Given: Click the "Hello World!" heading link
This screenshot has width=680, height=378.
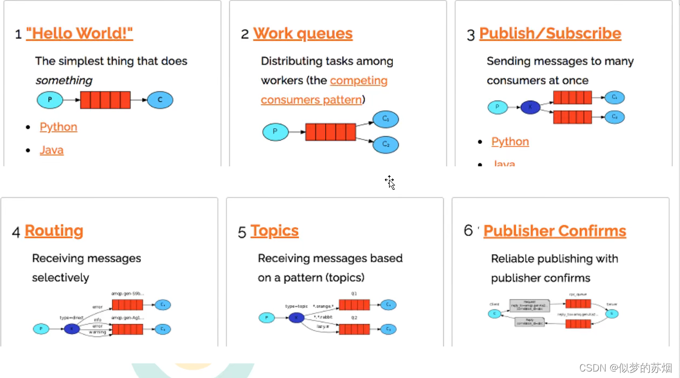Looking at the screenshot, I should [79, 34].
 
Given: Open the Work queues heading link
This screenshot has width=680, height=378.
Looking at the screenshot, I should [302, 34].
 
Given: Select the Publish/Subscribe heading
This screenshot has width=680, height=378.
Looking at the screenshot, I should [550, 34].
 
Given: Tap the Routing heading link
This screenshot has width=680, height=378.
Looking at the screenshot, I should [54, 231].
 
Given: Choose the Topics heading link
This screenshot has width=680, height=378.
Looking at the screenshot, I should [274, 231].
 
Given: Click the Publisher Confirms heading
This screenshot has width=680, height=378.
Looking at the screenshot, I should [554, 231].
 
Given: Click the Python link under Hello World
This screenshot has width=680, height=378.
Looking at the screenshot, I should [59, 127].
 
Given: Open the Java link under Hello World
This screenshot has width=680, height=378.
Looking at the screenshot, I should [51, 150].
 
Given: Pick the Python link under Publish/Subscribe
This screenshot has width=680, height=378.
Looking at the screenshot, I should [510, 142].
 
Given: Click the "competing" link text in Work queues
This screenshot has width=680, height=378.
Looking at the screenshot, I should [359, 81].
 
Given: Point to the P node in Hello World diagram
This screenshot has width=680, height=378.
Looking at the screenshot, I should [50, 100].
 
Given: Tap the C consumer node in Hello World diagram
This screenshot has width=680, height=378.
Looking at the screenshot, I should [160, 100].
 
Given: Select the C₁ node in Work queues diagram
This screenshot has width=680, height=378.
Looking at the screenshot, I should [385, 119].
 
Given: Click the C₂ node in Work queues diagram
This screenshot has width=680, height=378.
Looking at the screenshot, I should [385, 144].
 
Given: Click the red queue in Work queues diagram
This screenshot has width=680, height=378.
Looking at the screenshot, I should [331, 132].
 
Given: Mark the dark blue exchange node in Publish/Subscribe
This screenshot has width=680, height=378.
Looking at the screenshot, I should [530, 107].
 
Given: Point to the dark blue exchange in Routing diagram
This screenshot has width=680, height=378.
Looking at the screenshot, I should [72, 328].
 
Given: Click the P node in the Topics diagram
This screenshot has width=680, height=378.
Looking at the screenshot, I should [266, 317].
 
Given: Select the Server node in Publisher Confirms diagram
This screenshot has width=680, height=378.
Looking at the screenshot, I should [612, 313].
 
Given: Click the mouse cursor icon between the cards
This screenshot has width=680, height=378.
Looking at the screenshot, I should [390, 182].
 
